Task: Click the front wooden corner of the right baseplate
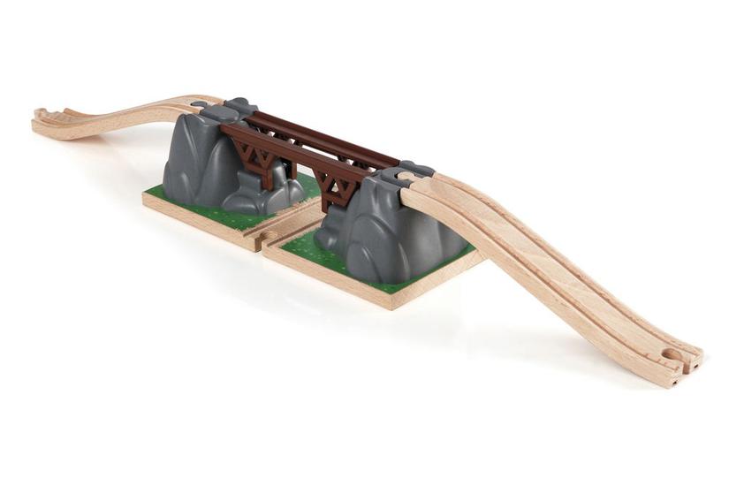390,303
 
